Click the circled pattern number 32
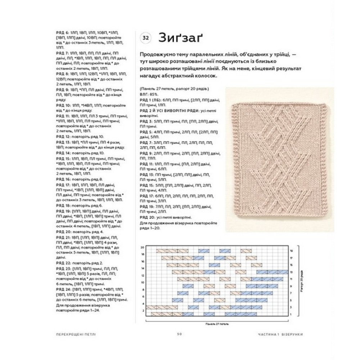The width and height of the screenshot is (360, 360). point(145,38)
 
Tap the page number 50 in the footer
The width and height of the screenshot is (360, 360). point(180,334)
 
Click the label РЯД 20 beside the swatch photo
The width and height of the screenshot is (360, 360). point(145,217)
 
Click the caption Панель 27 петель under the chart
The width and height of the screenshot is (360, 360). point(216,323)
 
